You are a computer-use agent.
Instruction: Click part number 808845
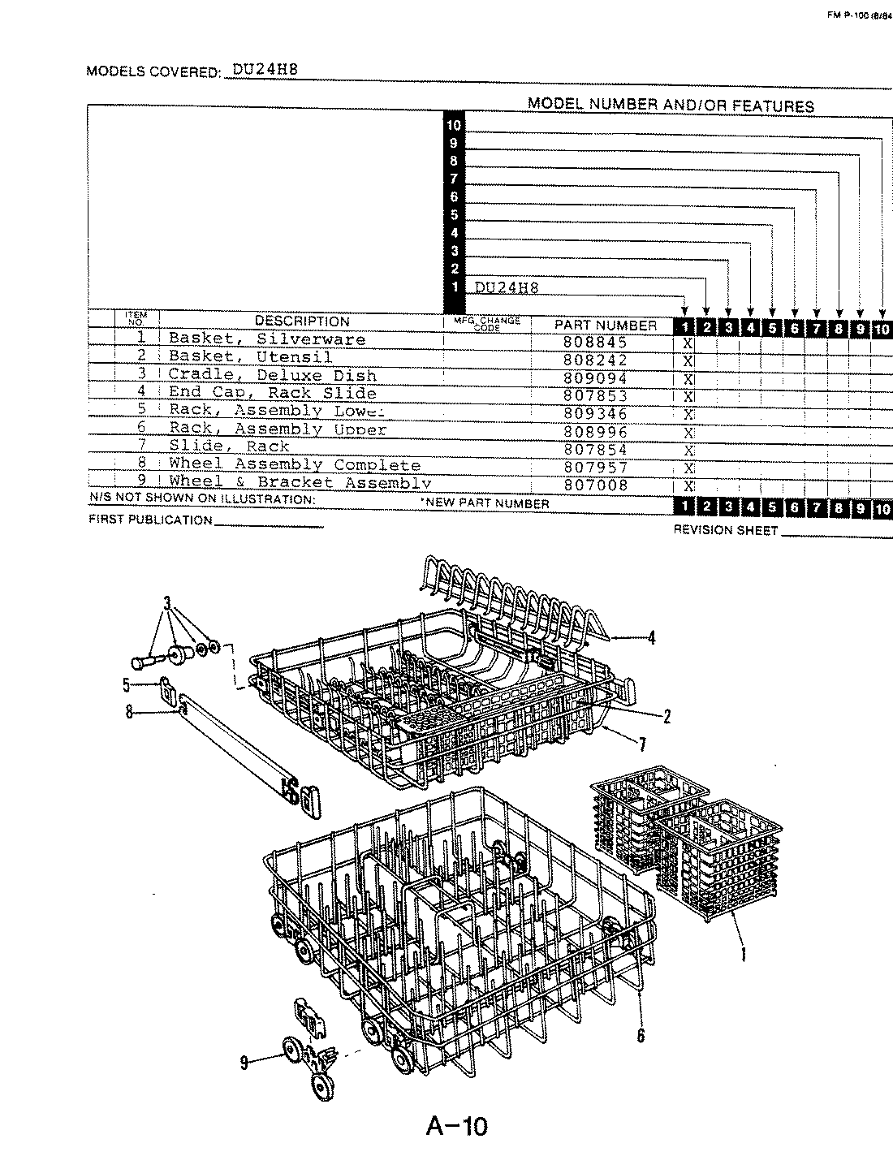point(595,343)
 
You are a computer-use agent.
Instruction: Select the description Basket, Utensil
point(250,357)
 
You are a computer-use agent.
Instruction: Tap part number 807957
point(595,468)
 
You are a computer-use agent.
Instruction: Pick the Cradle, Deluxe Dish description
point(272,376)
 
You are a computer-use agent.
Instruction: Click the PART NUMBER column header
point(605,325)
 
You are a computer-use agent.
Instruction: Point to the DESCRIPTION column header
point(302,321)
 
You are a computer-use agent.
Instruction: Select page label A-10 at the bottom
point(456,1127)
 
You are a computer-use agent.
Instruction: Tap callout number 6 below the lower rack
point(641,1036)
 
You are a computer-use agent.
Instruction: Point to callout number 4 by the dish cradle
point(650,638)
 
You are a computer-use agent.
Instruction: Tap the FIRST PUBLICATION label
point(150,520)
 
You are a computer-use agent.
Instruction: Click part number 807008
point(595,485)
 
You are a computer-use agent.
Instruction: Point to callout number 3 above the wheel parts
point(168,603)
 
